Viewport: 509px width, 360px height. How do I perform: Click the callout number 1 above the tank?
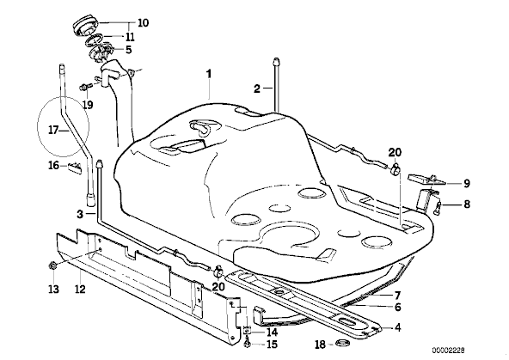209,74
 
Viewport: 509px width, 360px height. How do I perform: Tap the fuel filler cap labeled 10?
85,26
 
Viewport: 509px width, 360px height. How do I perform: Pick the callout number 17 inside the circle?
53,131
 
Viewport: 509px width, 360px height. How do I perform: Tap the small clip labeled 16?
75,167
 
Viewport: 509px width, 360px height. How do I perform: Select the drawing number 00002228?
448,351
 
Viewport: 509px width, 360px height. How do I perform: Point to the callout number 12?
80,289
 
